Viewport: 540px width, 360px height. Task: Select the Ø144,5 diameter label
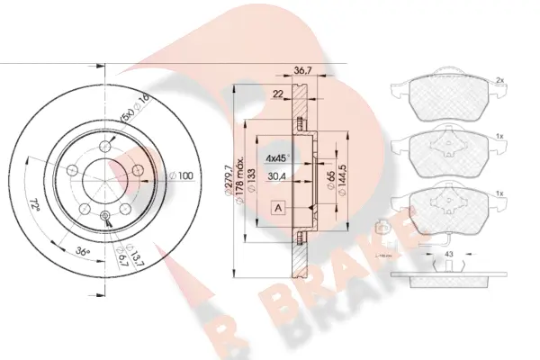(344, 170)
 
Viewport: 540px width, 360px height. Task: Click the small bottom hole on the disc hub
(105, 215)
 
